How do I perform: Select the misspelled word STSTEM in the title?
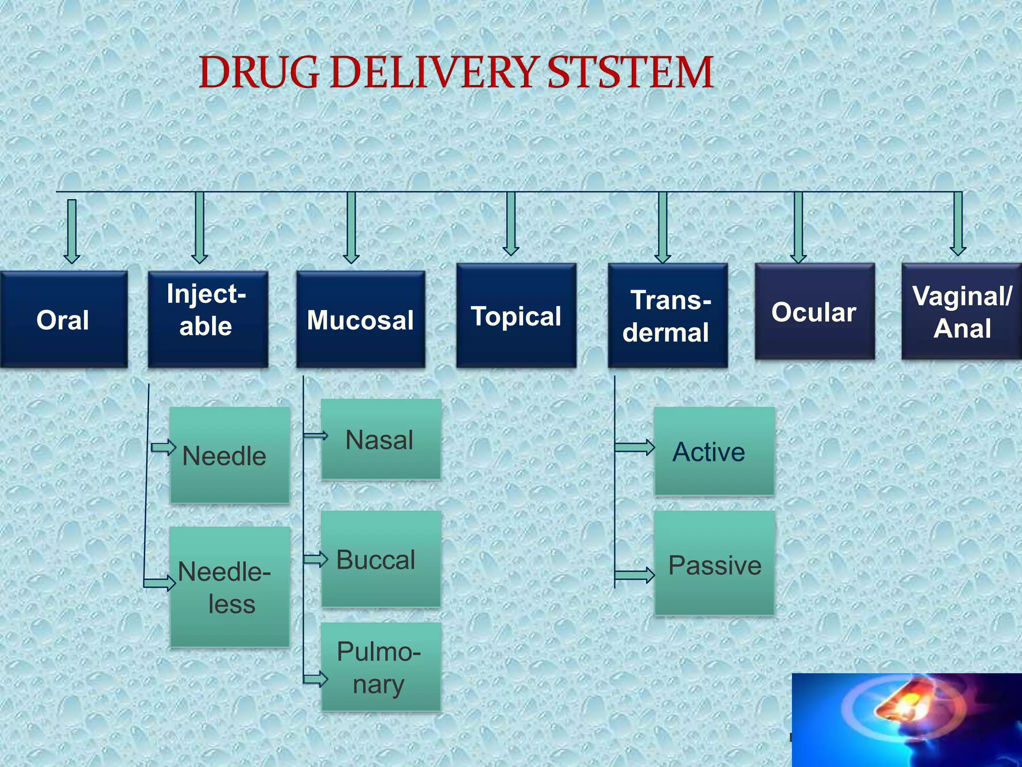pyautogui.click(x=630, y=72)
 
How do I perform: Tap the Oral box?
pyautogui.click(x=63, y=320)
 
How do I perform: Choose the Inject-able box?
pyautogui.click(x=208, y=320)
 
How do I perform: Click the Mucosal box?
pyautogui.click(x=360, y=320)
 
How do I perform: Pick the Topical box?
pyautogui.click(x=516, y=316)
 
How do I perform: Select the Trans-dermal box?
pyautogui.click(x=667, y=316)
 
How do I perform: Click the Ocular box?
pyautogui.click(x=814, y=312)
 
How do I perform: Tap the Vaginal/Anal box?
pyautogui.click(x=961, y=312)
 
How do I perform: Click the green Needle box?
pyautogui.click(x=230, y=455)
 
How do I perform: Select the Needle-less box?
pyautogui.click(x=230, y=587)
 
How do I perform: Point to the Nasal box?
pyautogui.click(x=381, y=439)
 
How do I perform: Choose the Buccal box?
pyautogui.click(x=381, y=559)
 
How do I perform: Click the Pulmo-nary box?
pyautogui.click(x=381, y=667)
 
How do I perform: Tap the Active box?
pyautogui.click(x=714, y=451)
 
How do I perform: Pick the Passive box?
pyautogui.click(x=714, y=564)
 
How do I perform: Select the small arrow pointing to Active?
pyautogui.click(x=635, y=447)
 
